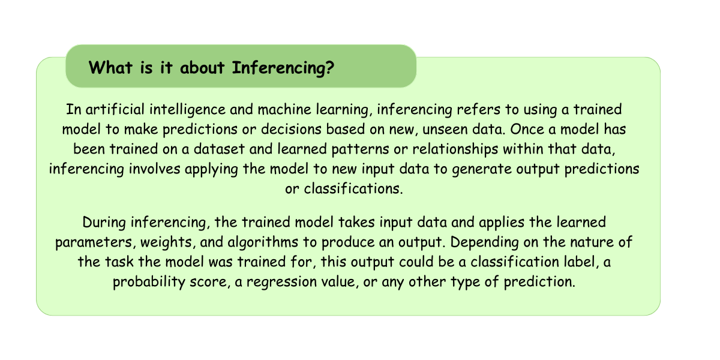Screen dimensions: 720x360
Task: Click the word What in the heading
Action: (110, 67)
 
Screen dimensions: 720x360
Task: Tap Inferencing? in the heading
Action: (283, 68)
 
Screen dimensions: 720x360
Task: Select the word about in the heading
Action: (202, 67)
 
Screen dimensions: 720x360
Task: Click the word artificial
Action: (115, 109)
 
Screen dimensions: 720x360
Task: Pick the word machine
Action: (284, 109)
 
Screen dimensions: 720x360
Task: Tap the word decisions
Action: (291, 129)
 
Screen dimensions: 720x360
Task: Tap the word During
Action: (104, 223)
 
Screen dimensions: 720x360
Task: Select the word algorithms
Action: (263, 242)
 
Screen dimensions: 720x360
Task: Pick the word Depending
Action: (484, 242)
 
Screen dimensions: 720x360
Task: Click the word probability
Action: (149, 282)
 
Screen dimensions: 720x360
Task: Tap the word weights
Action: (168, 242)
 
